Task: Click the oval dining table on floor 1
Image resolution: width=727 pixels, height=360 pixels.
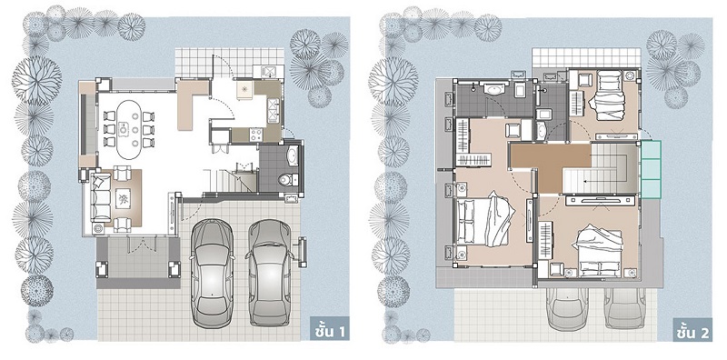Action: pyautogui.click(x=128, y=130)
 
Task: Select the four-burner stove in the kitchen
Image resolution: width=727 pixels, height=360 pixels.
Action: pyautogui.click(x=256, y=135)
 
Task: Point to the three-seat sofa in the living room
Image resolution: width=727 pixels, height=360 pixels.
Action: pyautogui.click(x=101, y=198)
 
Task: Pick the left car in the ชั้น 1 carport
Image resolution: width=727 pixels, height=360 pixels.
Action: pyautogui.click(x=213, y=273)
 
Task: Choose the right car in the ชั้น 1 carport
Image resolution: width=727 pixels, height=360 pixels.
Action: pyautogui.click(x=270, y=273)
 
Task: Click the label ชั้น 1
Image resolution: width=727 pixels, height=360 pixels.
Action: pyautogui.click(x=330, y=331)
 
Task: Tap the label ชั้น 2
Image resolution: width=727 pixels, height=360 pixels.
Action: pyautogui.click(x=692, y=332)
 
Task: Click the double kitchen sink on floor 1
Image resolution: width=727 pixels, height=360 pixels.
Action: pyautogui.click(x=274, y=110)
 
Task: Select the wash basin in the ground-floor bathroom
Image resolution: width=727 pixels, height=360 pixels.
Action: pyautogui.click(x=293, y=155)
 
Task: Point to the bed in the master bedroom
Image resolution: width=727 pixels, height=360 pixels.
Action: pyautogui.click(x=485, y=220)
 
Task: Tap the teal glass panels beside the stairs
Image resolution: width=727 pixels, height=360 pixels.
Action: pyautogui.click(x=651, y=169)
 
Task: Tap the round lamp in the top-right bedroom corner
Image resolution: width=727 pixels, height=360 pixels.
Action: pyautogui.click(x=630, y=76)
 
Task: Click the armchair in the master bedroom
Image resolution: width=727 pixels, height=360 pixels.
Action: pyautogui.click(x=513, y=131)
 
